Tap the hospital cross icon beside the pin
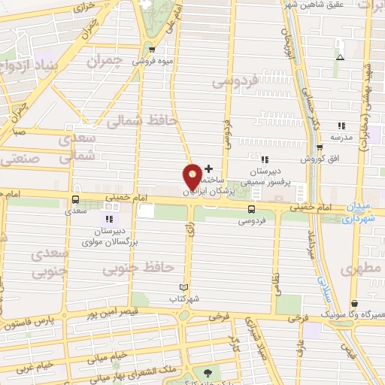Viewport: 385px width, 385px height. [208, 168]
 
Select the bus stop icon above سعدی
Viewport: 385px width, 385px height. [75, 200]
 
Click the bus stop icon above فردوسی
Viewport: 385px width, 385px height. [251, 210]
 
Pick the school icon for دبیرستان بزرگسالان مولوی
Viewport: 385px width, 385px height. [111, 219]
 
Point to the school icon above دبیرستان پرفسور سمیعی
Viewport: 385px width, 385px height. [264, 159]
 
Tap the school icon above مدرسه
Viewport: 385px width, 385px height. [341, 126]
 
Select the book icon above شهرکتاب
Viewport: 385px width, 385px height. [184, 287]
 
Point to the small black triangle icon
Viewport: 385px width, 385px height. [340, 57]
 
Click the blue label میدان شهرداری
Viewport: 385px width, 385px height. [365, 213]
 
